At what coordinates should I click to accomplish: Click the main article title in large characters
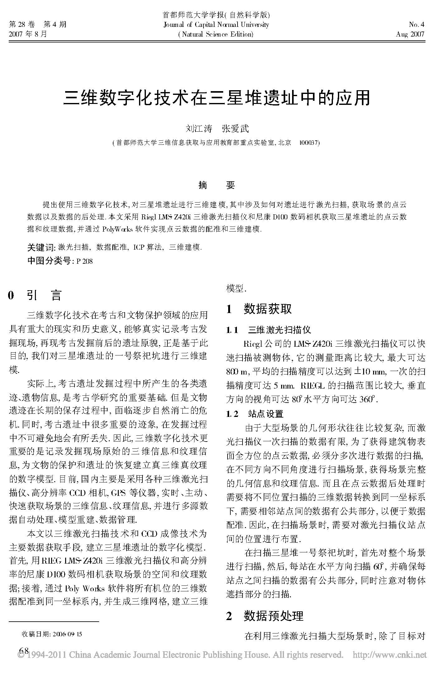(x=216, y=98)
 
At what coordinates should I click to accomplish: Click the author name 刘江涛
(x=199, y=129)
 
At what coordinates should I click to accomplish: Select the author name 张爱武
(x=235, y=129)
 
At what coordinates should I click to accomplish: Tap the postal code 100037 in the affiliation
(x=308, y=143)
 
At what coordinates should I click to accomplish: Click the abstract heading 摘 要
(x=217, y=185)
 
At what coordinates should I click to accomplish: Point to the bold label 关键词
(x=41, y=247)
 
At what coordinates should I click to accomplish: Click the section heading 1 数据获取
(x=259, y=309)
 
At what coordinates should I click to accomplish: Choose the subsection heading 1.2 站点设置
(x=255, y=414)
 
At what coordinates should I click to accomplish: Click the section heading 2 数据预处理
(x=264, y=616)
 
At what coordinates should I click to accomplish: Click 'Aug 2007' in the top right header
(x=410, y=34)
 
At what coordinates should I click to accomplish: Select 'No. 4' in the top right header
(x=416, y=25)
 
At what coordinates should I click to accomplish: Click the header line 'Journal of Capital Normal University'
(x=216, y=25)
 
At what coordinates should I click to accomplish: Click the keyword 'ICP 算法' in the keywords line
(x=148, y=247)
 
